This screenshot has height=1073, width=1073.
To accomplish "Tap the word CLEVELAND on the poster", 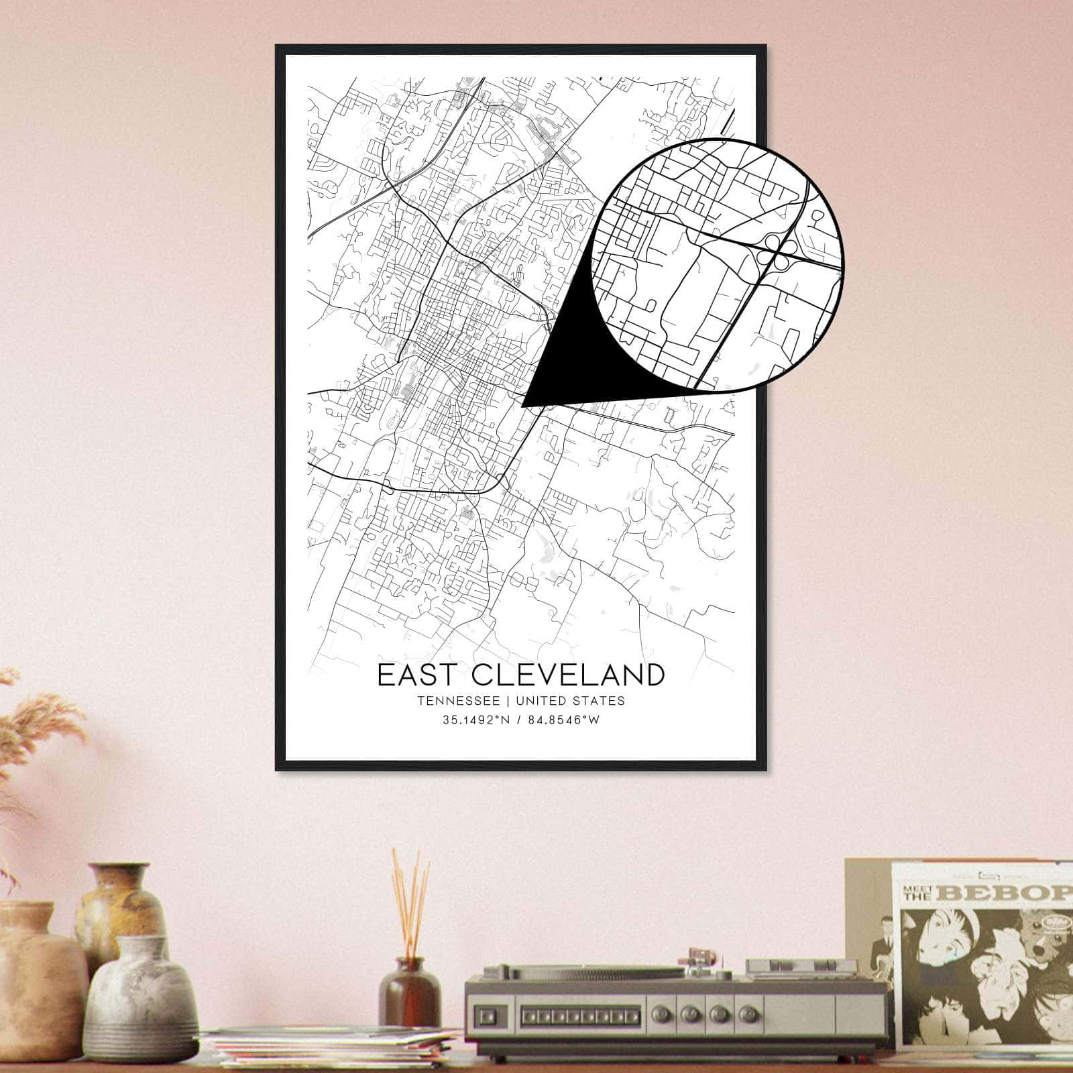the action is (x=555, y=675).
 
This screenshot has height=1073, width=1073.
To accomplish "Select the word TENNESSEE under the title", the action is (x=458, y=701).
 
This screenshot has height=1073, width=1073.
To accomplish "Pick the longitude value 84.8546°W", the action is (x=563, y=720).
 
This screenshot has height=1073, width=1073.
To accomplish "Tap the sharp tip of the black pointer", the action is (x=522, y=405).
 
